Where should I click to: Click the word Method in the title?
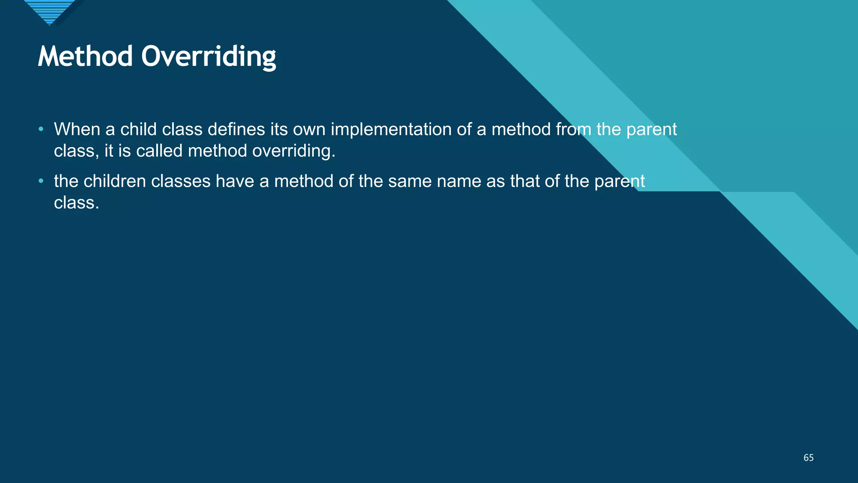click(x=85, y=56)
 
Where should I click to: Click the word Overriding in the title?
click(x=209, y=57)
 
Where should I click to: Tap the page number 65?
click(x=808, y=458)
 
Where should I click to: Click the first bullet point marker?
click(x=41, y=129)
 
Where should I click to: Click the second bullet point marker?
click(x=41, y=181)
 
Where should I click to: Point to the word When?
click(x=77, y=129)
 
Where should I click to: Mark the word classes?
click(x=181, y=182)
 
